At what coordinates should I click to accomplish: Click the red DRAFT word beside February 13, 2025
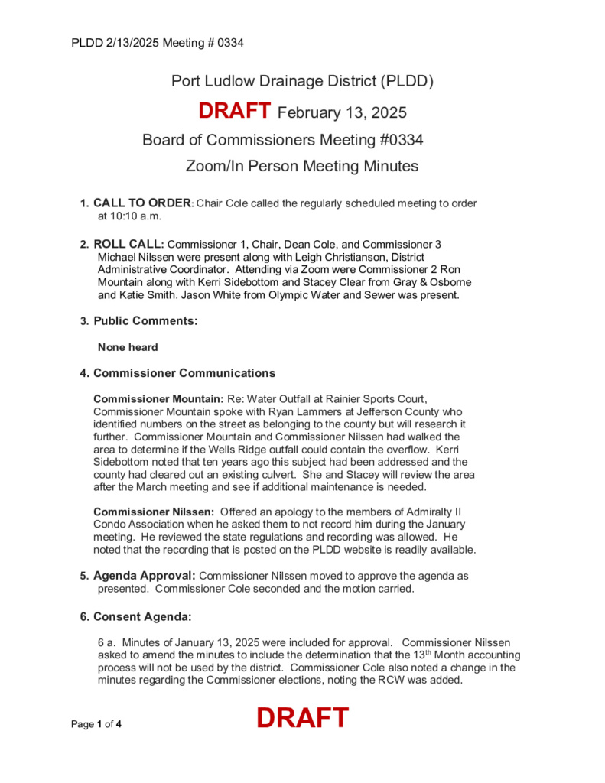pyautogui.click(x=234, y=111)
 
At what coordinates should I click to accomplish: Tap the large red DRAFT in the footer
pyautogui.click(x=302, y=718)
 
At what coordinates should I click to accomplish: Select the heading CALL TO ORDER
pyautogui.click(x=141, y=203)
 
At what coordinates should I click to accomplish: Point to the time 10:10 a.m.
pyautogui.click(x=130, y=216)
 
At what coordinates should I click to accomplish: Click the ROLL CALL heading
pyautogui.click(x=128, y=244)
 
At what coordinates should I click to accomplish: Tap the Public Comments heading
pyautogui.click(x=145, y=321)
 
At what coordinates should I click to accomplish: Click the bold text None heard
pyautogui.click(x=128, y=347)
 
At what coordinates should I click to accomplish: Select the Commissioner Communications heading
pyautogui.click(x=184, y=373)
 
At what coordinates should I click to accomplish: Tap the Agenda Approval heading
pyautogui.click(x=145, y=574)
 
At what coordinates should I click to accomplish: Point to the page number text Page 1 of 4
pyautogui.click(x=96, y=724)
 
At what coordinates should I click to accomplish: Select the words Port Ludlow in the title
pyautogui.click(x=206, y=80)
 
